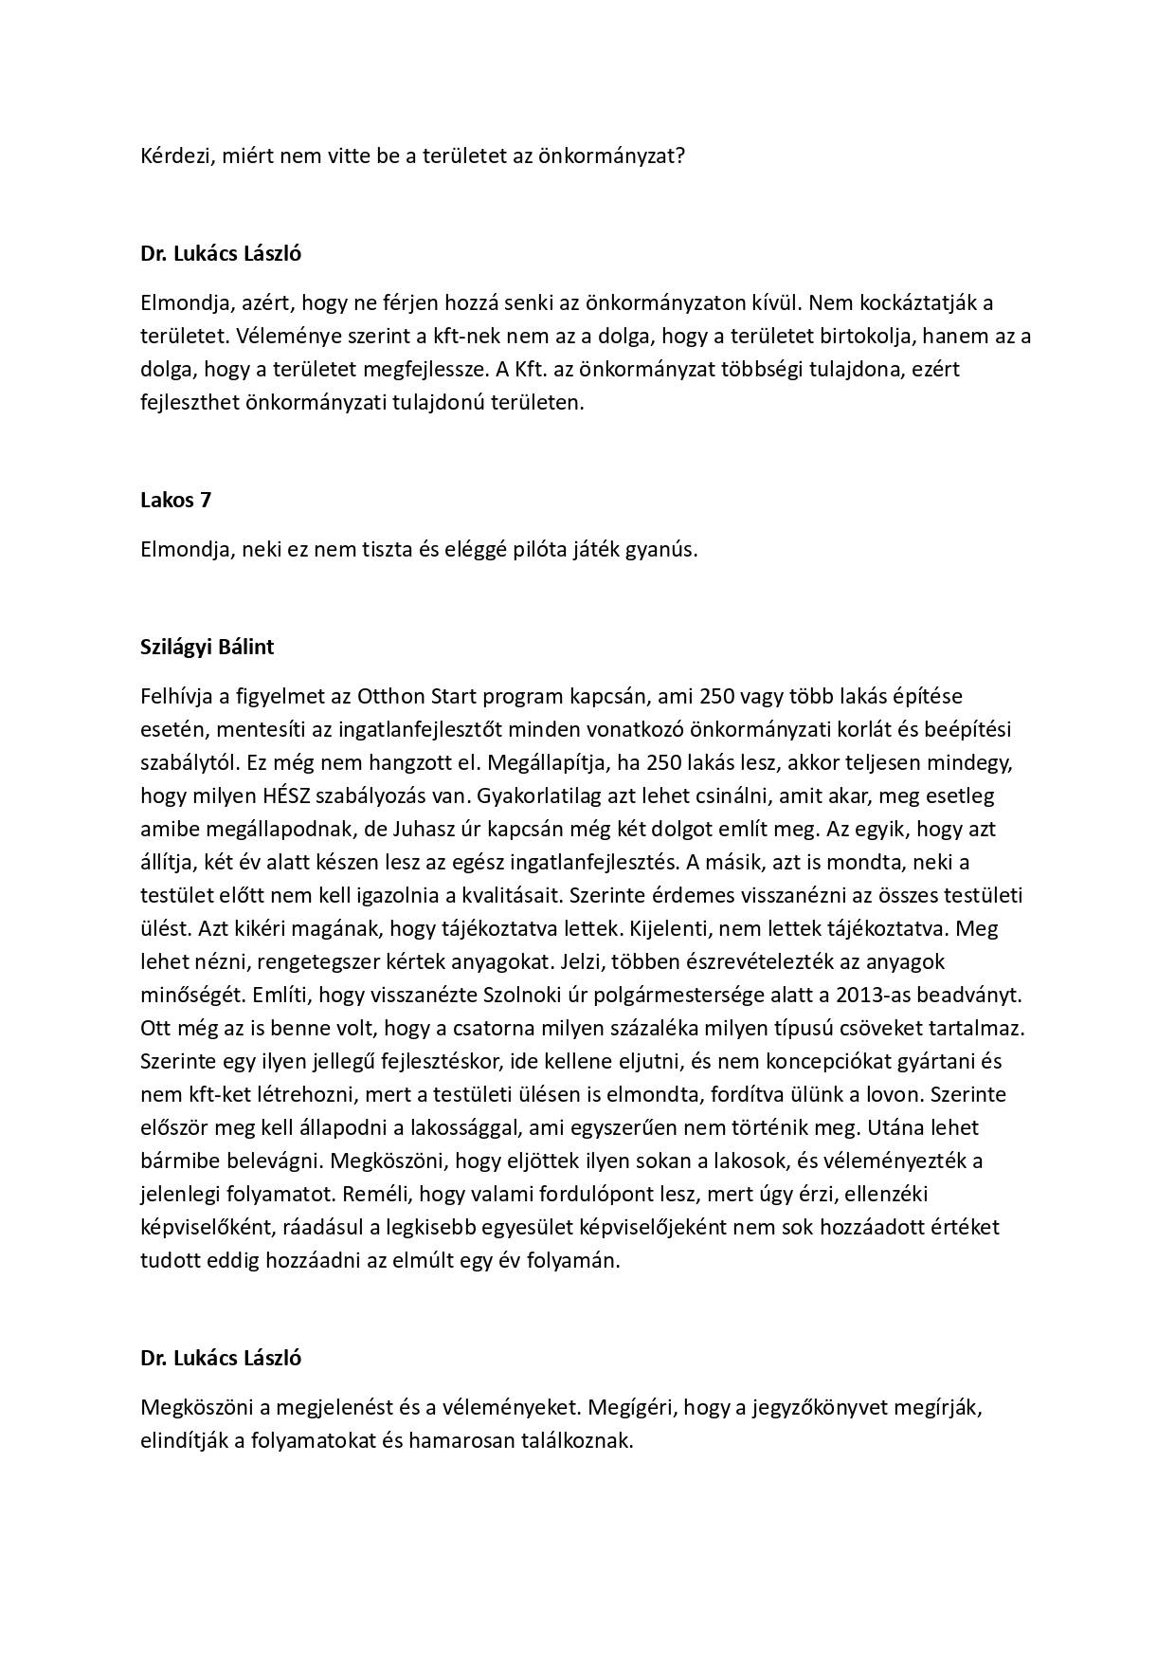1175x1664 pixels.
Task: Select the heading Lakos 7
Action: click(x=175, y=500)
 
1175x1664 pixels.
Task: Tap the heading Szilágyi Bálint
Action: click(x=207, y=647)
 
